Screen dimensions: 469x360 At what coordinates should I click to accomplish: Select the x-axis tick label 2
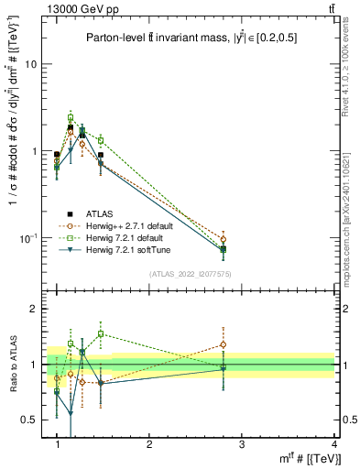(149, 444)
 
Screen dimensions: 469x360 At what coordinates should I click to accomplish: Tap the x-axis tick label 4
(333, 444)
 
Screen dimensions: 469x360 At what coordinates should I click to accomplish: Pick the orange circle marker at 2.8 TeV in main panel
(224, 239)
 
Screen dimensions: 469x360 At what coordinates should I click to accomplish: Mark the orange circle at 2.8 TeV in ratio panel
(224, 344)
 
